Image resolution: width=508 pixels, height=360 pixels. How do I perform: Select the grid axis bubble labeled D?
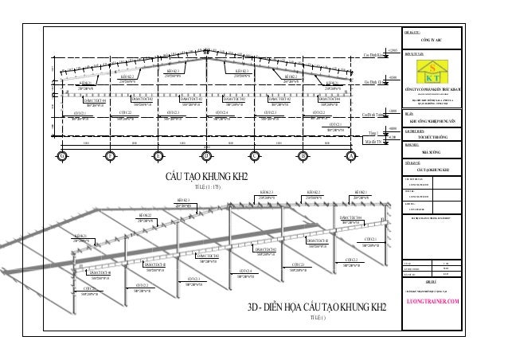pyautogui.click(x=206, y=154)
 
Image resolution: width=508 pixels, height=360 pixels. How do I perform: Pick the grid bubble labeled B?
pyautogui.click(x=303, y=154)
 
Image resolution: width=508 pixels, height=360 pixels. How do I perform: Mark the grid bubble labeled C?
pyautogui.click(x=255, y=154)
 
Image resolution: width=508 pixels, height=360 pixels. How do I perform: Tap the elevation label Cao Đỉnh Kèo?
pyautogui.click(x=374, y=55)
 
